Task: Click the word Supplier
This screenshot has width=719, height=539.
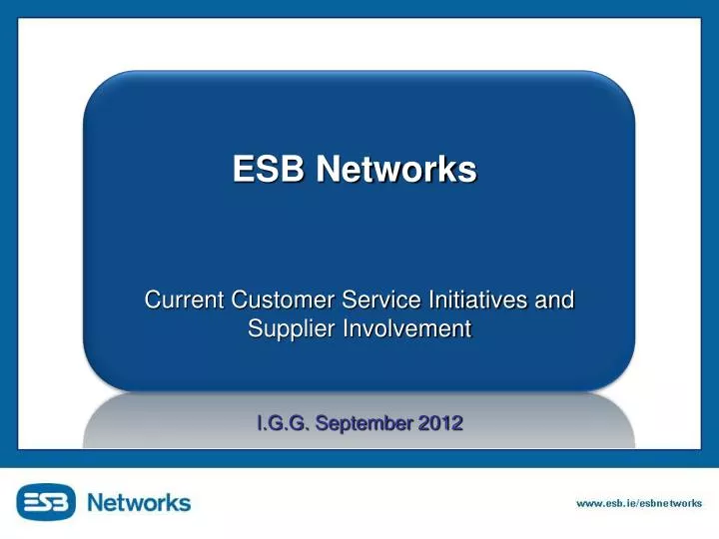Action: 288,329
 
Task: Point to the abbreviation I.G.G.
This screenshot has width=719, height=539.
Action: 283,423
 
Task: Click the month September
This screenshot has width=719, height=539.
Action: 363,423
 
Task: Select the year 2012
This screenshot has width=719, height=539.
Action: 440,423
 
